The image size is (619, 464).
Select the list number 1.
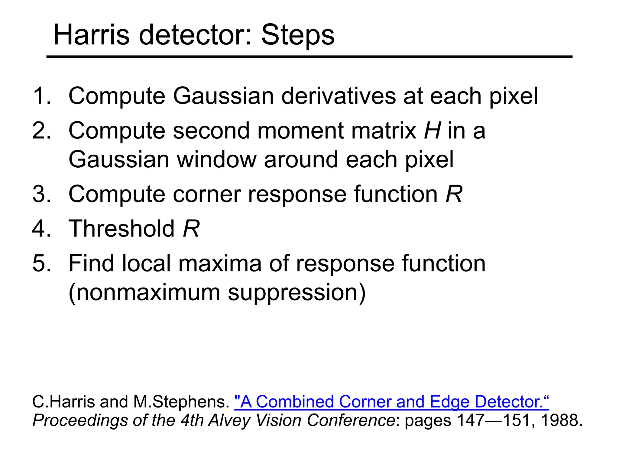(x=41, y=96)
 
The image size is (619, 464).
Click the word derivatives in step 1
(x=338, y=96)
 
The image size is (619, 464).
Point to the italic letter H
(x=432, y=130)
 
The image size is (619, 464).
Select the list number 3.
(x=41, y=194)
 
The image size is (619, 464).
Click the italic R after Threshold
(x=191, y=229)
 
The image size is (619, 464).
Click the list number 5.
(x=41, y=263)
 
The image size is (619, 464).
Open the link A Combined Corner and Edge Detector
(x=391, y=402)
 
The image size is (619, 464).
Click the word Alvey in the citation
(x=229, y=421)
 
